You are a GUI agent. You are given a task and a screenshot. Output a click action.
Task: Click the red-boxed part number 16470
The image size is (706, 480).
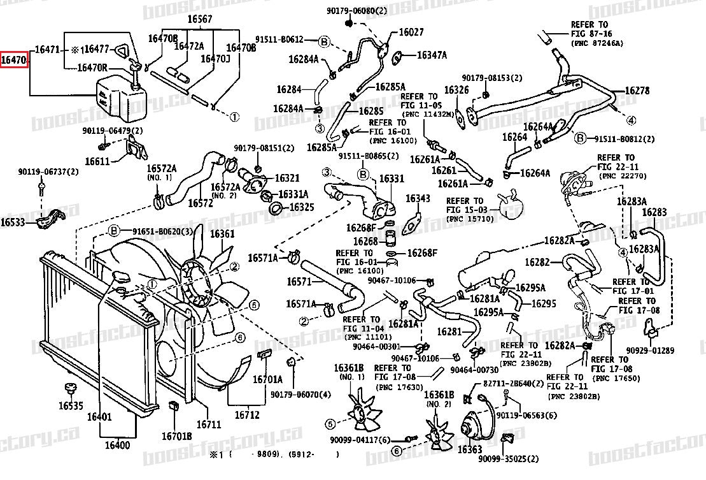(14, 61)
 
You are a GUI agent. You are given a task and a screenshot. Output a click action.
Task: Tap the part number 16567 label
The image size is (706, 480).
(200, 19)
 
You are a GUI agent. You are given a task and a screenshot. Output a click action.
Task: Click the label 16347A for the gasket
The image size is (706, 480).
(432, 55)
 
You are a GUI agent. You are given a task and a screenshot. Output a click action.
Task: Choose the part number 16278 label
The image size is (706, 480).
(637, 91)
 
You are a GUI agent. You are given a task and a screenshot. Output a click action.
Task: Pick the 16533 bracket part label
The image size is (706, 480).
(13, 222)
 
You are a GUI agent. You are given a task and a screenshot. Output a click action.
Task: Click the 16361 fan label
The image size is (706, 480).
(222, 234)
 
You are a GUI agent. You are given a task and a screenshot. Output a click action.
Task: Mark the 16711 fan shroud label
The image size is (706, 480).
(208, 424)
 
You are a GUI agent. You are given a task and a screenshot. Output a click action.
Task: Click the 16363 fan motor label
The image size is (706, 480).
(470, 450)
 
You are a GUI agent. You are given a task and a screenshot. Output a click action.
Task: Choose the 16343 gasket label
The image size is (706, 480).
(418, 199)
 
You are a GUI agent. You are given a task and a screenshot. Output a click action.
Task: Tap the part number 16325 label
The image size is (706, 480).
(302, 207)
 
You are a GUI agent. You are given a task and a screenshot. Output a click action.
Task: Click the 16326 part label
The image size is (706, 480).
(456, 91)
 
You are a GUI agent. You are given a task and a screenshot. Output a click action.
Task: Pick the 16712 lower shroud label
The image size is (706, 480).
(248, 414)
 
